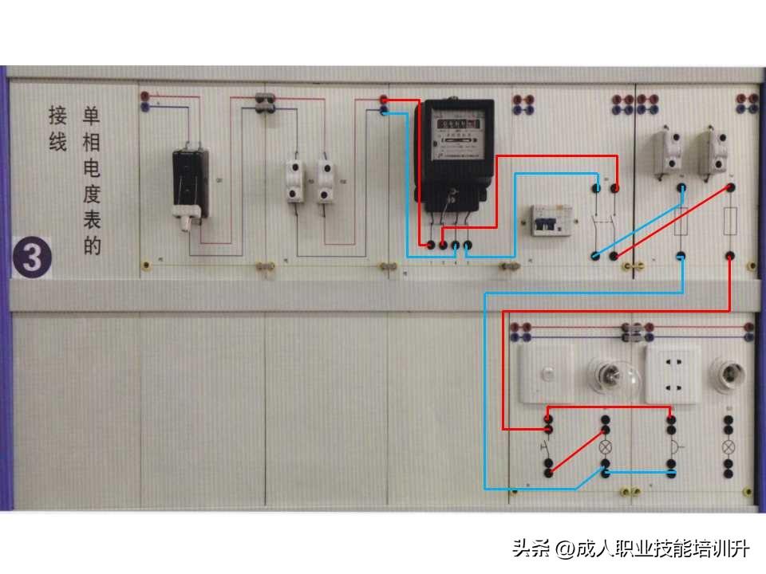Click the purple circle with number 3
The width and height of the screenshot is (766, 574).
33,258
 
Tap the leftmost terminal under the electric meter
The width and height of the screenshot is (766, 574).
431,245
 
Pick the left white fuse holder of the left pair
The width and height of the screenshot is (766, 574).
295,181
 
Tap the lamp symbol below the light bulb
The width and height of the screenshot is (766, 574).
606,447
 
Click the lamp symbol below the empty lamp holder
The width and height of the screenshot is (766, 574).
728,447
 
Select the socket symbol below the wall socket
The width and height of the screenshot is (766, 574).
672,447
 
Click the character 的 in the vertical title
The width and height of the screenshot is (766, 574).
93,246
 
